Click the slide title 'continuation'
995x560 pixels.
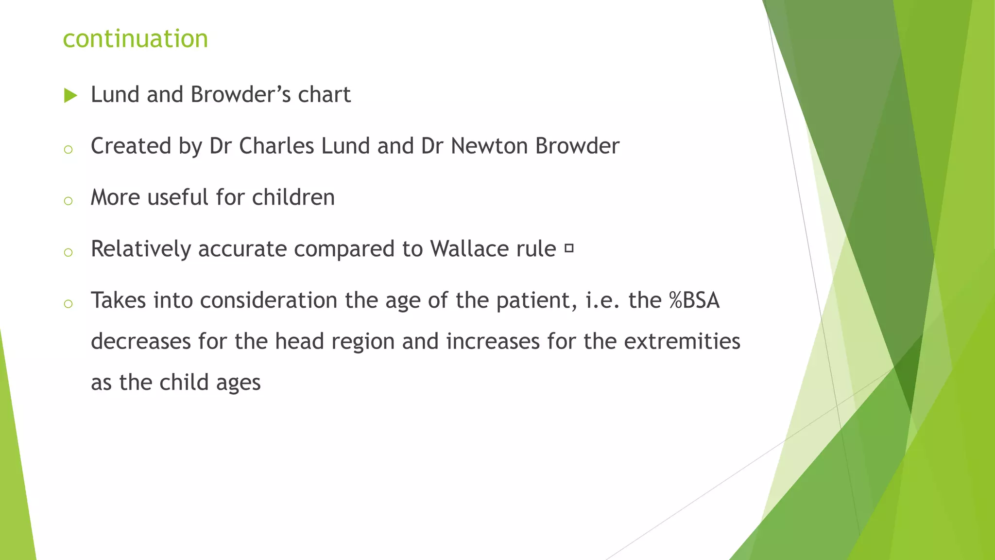coord(136,38)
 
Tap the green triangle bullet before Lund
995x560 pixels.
coord(70,96)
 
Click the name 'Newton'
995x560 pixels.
coord(489,146)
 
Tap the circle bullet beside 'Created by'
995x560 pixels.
coord(69,150)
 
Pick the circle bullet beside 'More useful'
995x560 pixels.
coord(69,201)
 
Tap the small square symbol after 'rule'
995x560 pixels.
coord(569,249)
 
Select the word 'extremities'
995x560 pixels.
coord(682,341)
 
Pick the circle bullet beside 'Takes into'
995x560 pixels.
coord(69,304)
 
